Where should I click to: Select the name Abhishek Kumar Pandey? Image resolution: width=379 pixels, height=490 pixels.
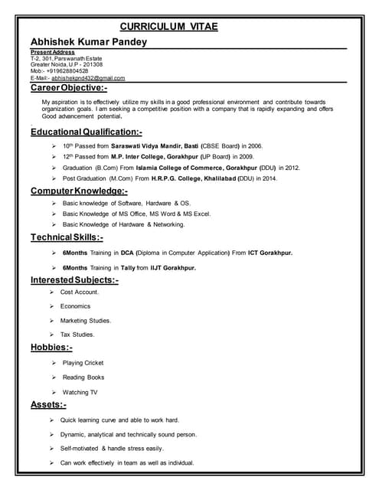pyautogui.click(x=88, y=41)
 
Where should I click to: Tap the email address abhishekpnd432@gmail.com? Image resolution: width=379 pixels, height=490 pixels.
pyautogui.click(x=88, y=78)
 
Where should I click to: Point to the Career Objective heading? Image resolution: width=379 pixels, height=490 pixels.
pyautogui.click(x=69, y=90)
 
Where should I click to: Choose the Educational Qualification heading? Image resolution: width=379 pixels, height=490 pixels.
pyautogui.click(x=86, y=132)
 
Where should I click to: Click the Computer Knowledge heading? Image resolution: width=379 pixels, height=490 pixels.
pyautogui.click(x=79, y=190)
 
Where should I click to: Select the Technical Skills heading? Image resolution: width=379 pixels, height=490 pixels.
pyautogui.click(x=67, y=237)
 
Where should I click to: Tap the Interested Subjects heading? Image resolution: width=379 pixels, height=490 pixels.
pyautogui.click(x=74, y=280)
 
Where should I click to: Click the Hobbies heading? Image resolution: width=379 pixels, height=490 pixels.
pyautogui.click(x=51, y=348)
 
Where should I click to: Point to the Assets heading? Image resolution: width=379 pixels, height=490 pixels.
pyautogui.click(x=48, y=404)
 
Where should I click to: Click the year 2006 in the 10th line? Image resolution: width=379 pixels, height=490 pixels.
pyautogui.click(x=254, y=145)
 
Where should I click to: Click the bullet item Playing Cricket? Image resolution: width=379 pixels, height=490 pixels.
pyautogui.click(x=83, y=363)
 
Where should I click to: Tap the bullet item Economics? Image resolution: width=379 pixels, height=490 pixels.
pyautogui.click(x=75, y=306)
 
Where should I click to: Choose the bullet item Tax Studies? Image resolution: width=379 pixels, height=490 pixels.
pyautogui.click(x=77, y=335)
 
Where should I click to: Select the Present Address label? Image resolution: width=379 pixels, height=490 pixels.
pyautogui.click(x=53, y=52)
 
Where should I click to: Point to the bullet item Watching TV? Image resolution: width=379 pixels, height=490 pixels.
pyautogui.click(x=80, y=392)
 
